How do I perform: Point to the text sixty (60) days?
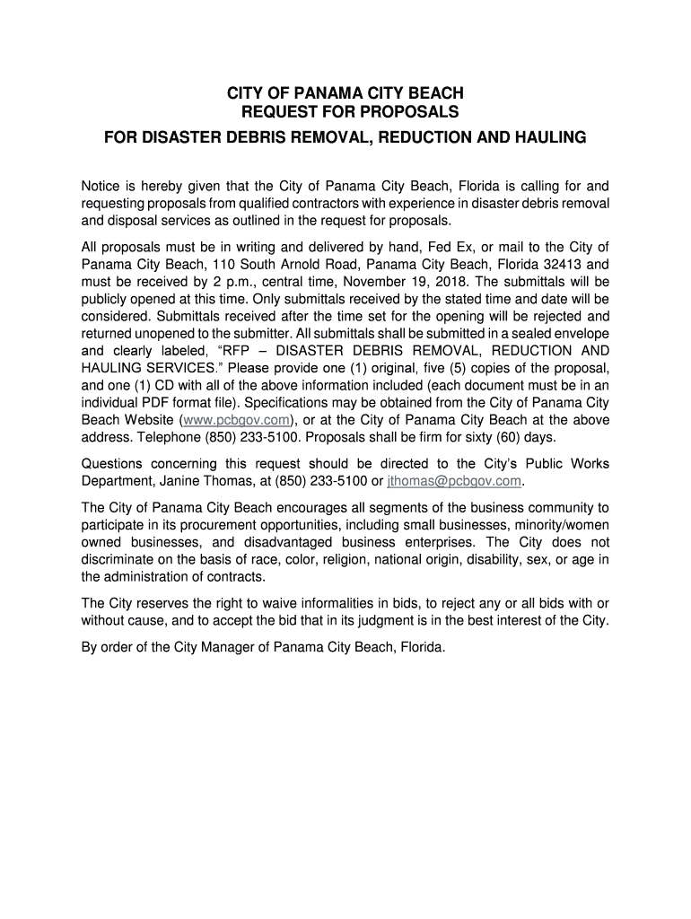[x=510, y=437]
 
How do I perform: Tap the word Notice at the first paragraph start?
[x=101, y=187]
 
